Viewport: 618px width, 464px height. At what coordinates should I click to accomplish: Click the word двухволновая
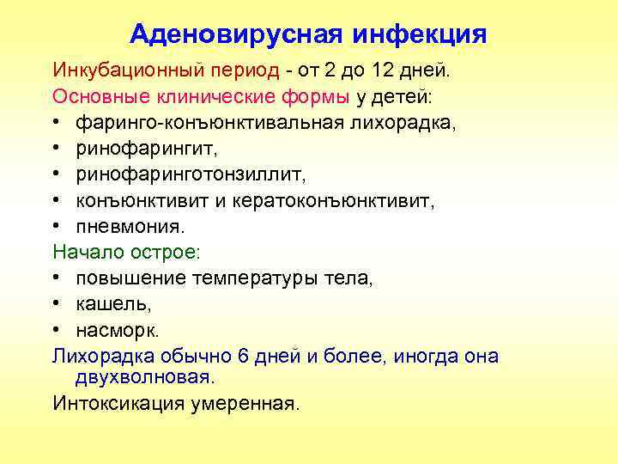144,378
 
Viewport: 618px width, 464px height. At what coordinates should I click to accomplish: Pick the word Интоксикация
116,404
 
